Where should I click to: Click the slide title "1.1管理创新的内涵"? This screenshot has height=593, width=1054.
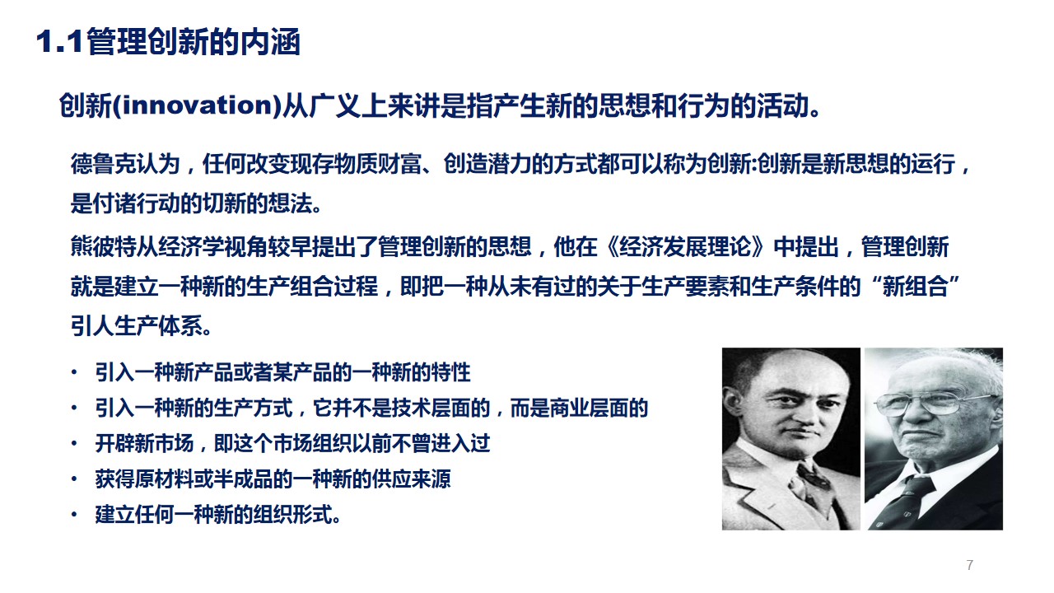tap(168, 43)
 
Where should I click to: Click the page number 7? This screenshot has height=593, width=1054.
tap(969, 565)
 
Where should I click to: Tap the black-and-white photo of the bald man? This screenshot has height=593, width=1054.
tap(790, 438)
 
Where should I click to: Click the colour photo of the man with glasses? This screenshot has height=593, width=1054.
tap(933, 438)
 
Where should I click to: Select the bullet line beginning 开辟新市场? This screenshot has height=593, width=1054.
tap(292, 443)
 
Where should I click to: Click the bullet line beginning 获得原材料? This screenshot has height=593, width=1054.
tap(273, 479)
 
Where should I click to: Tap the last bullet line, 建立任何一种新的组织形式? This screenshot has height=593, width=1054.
tap(218, 516)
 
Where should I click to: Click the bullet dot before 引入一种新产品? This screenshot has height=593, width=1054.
tap(76, 372)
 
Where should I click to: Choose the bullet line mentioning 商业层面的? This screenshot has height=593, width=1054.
tap(371, 408)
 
